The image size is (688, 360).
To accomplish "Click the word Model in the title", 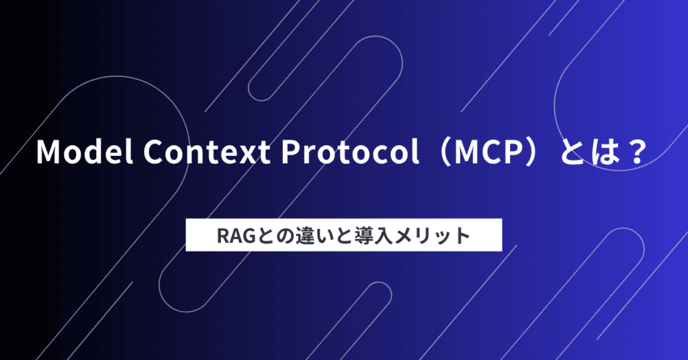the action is coord(85,152).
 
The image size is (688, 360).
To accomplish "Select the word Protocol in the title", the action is coord(350,152).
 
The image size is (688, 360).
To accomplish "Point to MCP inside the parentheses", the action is coord(490,152).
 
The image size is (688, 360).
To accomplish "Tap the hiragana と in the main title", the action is coord(571,152).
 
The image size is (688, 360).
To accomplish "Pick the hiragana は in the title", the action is coord(603,152).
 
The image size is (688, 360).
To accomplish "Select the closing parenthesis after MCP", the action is coord(535,152).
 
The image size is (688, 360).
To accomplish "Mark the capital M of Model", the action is coord(48,152).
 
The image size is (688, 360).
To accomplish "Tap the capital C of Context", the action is coord(154,152).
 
